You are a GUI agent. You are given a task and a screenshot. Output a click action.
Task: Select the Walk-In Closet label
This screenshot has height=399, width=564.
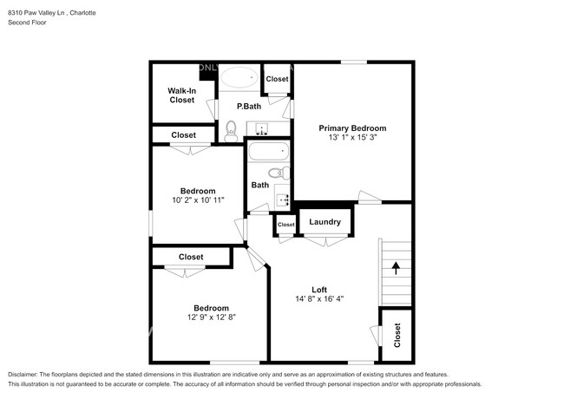point(181,95)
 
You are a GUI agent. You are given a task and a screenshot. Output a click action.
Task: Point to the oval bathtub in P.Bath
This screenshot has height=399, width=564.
point(238,79)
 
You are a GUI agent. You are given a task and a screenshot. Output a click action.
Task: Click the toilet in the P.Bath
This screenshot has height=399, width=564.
point(231,130)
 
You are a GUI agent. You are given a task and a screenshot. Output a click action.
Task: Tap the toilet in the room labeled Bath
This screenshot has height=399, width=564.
point(278,173)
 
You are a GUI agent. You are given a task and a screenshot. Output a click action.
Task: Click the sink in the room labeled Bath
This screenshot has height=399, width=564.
point(281,199)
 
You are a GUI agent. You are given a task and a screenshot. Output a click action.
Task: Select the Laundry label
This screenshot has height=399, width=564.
point(325,223)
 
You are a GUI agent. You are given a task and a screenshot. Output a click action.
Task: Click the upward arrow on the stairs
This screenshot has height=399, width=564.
point(397,268)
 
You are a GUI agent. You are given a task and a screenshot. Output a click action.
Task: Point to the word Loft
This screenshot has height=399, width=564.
point(320,290)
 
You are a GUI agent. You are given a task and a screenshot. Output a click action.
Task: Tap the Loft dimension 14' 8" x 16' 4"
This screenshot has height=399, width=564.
point(320,300)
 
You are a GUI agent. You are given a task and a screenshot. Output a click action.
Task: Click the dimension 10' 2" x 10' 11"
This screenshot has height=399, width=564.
point(198,201)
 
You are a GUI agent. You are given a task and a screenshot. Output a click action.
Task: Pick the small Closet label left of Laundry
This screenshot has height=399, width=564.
point(285,225)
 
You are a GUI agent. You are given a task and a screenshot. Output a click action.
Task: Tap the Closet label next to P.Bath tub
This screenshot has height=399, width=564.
point(277,79)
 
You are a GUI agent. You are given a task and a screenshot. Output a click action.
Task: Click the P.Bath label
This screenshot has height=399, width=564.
point(249,106)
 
